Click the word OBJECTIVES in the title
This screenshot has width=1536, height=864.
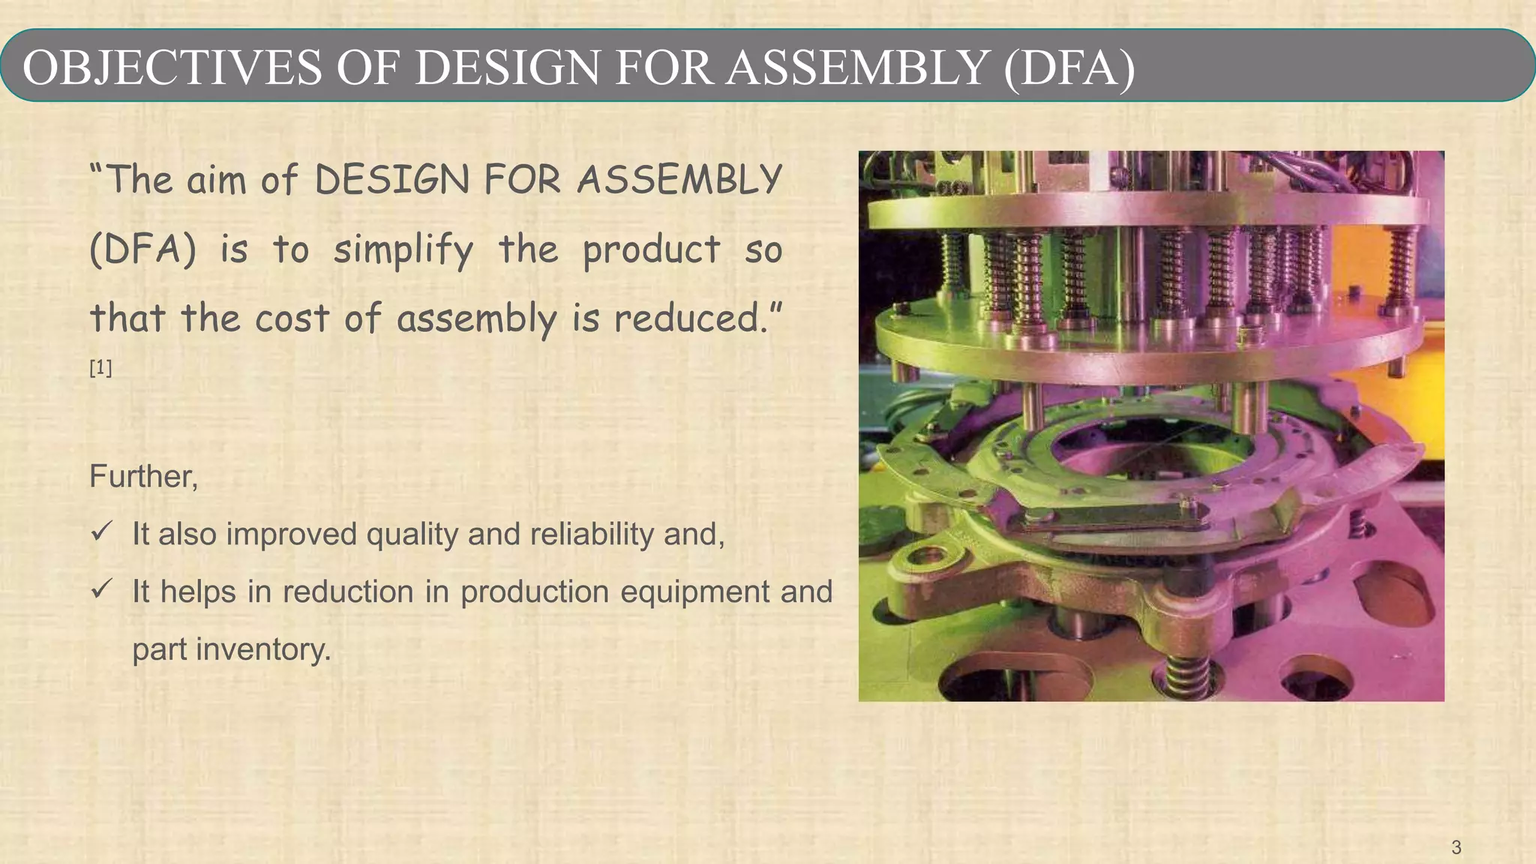[x=172, y=67]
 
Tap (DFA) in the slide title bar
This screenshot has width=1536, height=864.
[x=1069, y=67]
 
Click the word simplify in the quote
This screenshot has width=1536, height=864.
[x=403, y=250]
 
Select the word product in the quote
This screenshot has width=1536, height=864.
[x=651, y=250]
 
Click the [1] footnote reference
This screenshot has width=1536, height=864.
[x=100, y=368]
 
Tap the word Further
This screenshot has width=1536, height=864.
[x=143, y=476]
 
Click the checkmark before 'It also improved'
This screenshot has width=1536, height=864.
[x=101, y=532]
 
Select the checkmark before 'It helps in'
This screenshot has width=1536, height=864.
[x=101, y=589]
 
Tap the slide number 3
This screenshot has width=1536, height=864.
[x=1456, y=847]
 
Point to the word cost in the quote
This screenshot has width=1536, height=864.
[x=292, y=318]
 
